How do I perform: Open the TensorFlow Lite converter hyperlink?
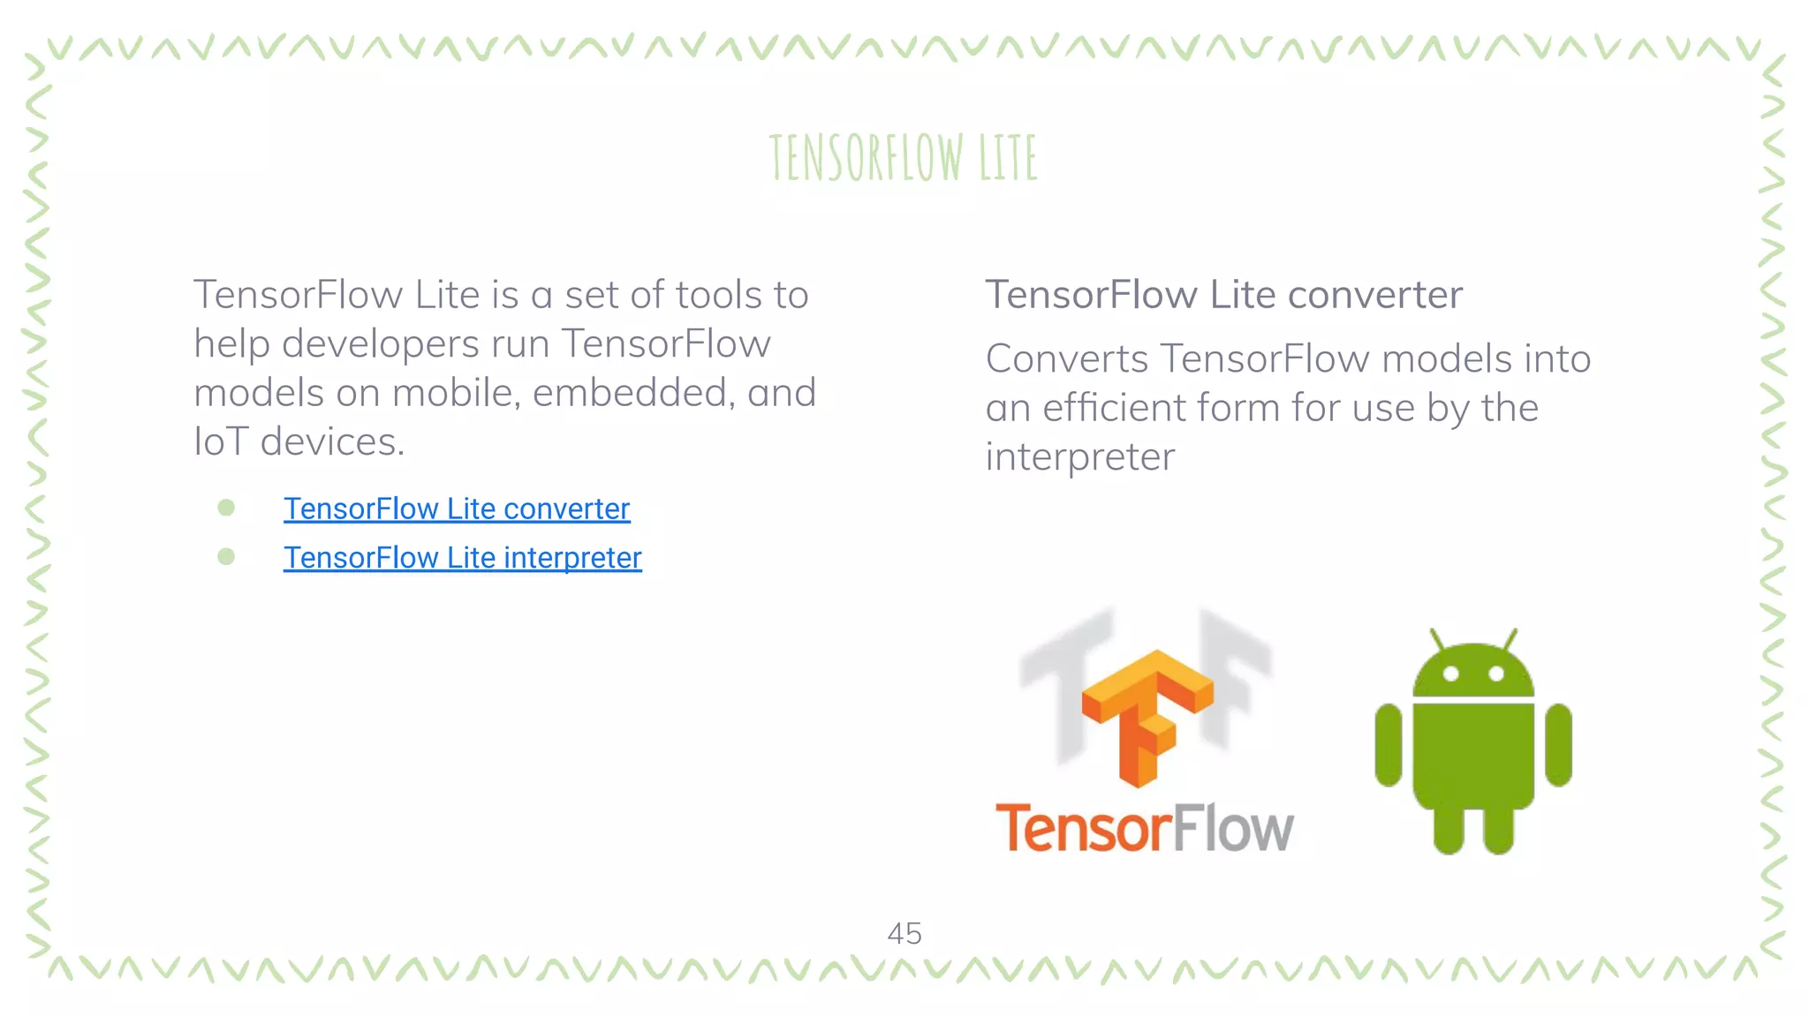click(x=457, y=508)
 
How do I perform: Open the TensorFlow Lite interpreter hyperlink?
click(x=462, y=558)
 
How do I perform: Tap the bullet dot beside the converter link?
click(x=226, y=508)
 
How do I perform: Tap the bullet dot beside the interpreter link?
click(x=226, y=557)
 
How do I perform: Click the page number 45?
click(x=904, y=934)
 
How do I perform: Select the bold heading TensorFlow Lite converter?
click(x=1223, y=295)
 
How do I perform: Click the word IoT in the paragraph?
click(x=221, y=441)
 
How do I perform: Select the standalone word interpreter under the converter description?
click(x=1079, y=457)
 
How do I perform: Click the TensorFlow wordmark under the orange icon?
click(x=1145, y=828)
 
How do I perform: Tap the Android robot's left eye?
click(x=1450, y=674)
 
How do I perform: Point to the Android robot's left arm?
click(x=1389, y=744)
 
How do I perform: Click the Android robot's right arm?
click(x=1558, y=744)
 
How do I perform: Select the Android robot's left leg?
click(x=1449, y=830)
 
